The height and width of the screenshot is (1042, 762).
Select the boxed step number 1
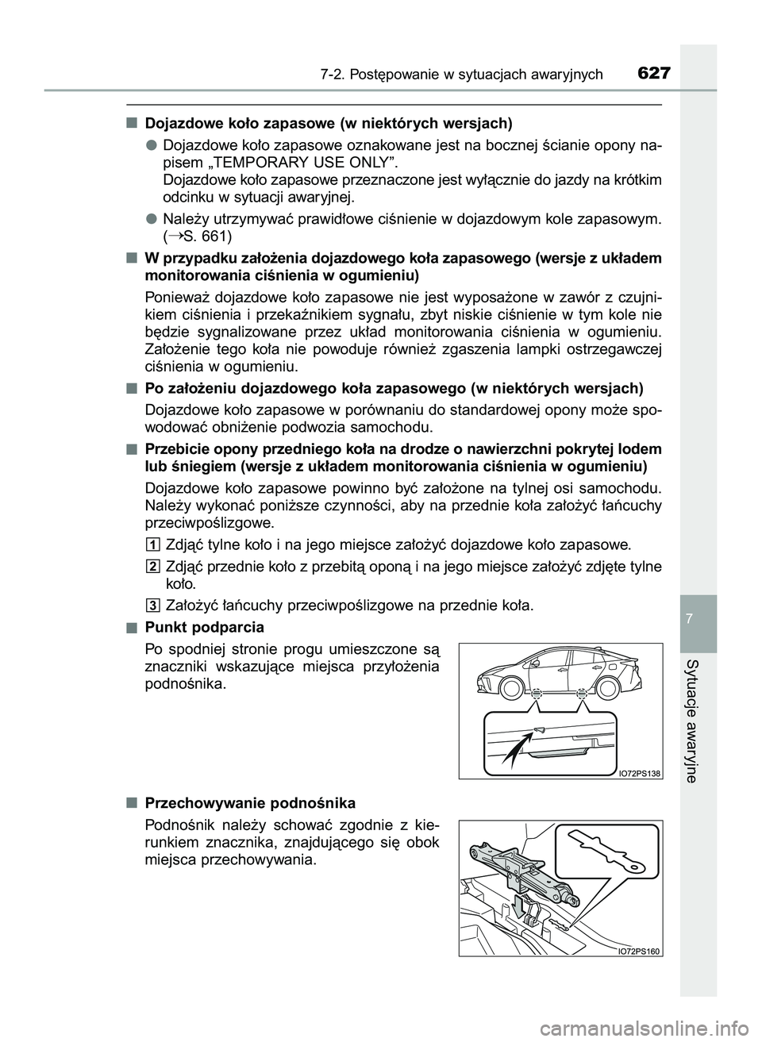click(153, 544)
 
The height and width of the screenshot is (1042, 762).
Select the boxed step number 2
click(153, 565)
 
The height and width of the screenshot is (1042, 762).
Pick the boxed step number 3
click(153, 606)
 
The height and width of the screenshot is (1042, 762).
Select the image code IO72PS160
click(638, 950)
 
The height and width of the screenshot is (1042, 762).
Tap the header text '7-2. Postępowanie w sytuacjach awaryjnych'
click(462, 75)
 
